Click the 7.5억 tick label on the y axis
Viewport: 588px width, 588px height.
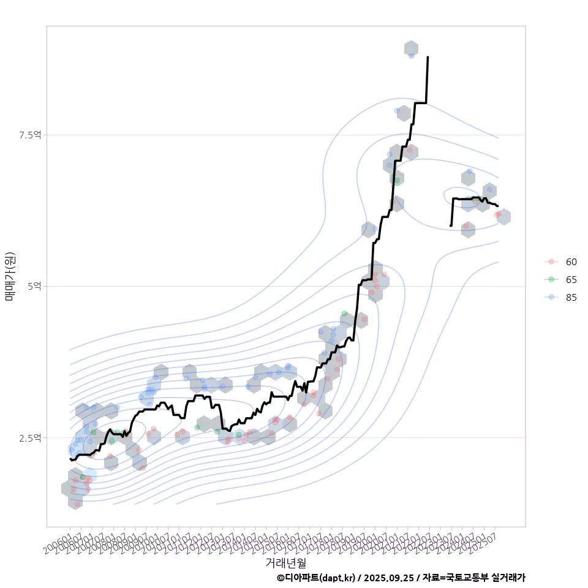[29, 135]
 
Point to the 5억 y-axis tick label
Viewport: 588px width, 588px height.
[34, 286]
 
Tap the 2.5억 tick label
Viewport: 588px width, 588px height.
[29, 437]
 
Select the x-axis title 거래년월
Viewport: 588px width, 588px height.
[285, 562]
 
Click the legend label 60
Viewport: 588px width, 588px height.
[571, 262]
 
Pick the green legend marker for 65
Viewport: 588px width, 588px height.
[551, 279]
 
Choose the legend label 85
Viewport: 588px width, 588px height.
[571, 298]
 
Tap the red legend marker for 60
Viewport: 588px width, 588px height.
[551, 262]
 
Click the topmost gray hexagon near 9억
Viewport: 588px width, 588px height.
[411, 48]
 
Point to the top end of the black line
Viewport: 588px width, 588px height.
[428, 57]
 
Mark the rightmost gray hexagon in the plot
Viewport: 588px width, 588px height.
[503, 216]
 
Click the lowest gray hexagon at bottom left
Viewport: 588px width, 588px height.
[75, 502]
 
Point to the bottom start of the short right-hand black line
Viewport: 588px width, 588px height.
[451, 226]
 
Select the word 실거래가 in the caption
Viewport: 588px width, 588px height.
[508, 578]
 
